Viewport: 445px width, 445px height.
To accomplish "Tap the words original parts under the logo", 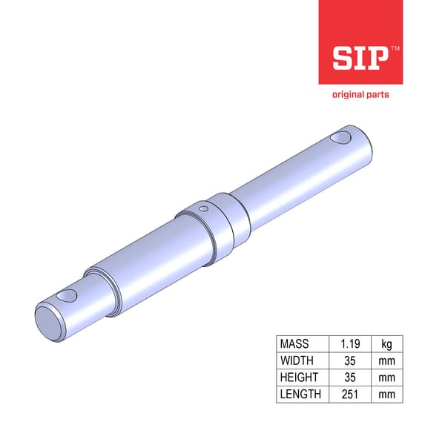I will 360,94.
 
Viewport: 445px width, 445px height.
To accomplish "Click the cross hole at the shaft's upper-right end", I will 342,137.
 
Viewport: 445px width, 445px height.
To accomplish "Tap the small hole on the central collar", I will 202,210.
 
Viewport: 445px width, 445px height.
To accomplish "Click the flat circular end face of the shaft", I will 50,320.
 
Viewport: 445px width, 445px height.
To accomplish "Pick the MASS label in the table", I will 294,344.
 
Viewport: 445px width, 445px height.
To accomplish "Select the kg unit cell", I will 387,344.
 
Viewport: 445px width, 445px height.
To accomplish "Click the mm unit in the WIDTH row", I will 387,360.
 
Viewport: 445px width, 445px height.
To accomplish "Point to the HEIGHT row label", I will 299,378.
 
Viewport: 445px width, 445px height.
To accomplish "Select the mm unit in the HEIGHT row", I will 387,378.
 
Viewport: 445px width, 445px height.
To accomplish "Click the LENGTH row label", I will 300,394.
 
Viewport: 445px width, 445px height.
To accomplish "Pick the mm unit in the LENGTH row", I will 387,394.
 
